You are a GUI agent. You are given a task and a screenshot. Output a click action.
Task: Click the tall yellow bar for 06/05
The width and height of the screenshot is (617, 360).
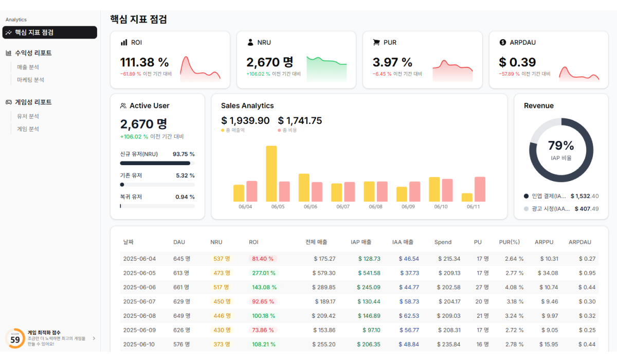click(271, 173)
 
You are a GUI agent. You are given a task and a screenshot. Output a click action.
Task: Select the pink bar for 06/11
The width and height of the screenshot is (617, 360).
click(480, 189)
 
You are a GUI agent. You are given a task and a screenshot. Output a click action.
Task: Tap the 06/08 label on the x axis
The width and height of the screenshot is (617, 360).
click(375, 207)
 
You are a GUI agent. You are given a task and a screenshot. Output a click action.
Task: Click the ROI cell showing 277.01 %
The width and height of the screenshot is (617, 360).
click(264, 273)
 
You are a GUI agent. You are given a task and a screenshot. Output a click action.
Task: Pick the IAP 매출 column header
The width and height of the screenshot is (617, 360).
click(361, 242)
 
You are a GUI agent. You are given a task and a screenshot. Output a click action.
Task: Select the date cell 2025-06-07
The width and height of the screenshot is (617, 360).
click(139, 301)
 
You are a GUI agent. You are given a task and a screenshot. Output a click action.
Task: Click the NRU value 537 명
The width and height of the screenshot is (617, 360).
click(222, 259)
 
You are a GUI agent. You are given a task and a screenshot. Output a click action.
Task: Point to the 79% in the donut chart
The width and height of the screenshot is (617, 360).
click(561, 146)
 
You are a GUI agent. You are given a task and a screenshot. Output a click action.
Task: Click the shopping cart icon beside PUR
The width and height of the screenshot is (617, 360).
click(376, 42)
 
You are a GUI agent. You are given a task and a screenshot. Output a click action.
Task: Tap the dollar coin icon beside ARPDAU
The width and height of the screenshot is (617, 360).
click(503, 42)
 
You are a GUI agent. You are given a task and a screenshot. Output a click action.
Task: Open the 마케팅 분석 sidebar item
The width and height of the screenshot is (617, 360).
click(30, 80)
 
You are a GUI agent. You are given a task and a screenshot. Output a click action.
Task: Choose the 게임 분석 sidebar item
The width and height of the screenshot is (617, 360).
click(28, 129)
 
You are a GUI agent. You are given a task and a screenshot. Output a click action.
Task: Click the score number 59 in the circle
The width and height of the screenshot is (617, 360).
click(15, 340)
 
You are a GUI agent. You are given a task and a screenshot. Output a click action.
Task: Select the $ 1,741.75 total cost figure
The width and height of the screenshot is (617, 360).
click(300, 121)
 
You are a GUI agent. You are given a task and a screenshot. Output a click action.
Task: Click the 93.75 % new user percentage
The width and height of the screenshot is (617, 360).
click(184, 154)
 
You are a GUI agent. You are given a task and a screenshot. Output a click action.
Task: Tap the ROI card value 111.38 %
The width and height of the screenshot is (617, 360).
click(144, 62)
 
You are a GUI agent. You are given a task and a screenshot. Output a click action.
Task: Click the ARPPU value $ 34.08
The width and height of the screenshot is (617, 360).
click(548, 273)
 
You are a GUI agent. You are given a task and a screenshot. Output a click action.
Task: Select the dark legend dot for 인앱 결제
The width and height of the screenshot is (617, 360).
click(526, 196)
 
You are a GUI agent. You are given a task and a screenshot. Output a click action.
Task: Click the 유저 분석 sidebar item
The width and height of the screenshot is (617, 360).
click(28, 116)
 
